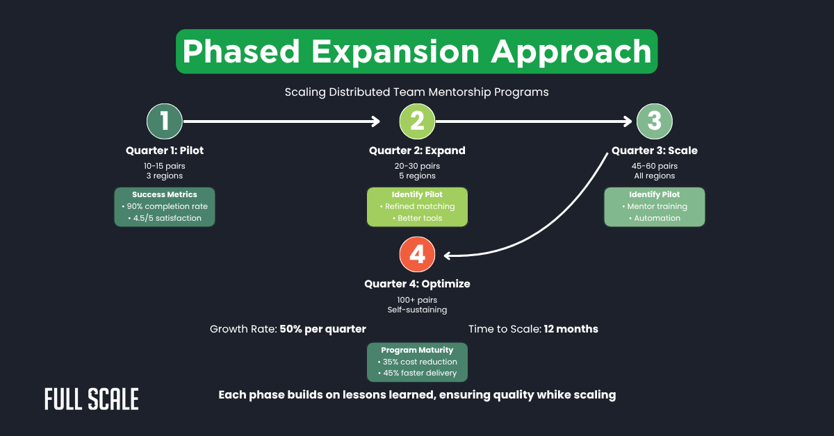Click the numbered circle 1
[164, 121]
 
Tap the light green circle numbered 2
[417, 121]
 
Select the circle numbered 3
[654, 121]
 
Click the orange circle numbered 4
[417, 255]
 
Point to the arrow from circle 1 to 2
[278, 121]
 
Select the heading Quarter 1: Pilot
[165, 151]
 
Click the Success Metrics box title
[165, 194]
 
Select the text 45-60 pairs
[654, 166]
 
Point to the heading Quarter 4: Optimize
[417, 284]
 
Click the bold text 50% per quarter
[322, 328]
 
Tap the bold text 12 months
[571, 328]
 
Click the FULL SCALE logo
[91, 399]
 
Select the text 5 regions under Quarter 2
[417, 176]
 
